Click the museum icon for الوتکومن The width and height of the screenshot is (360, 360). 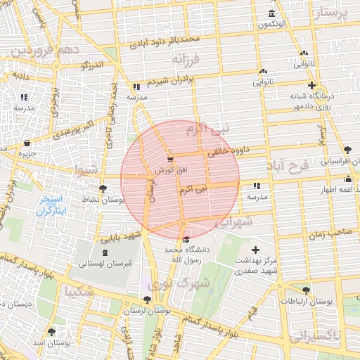coord(272,15)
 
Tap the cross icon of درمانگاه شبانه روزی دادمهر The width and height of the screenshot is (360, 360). coord(311,85)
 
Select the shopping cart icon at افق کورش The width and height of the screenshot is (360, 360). coord(169,160)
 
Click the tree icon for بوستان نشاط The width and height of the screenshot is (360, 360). coord(103,188)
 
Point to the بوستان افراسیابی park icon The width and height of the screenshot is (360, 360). coord(348,149)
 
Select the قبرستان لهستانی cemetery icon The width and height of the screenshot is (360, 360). coord(105,252)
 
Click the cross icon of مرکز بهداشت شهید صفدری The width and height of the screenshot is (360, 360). coord(255,250)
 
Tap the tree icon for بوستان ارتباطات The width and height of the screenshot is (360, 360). coord(306,290)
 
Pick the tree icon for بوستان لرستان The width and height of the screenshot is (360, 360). coord(146,300)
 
